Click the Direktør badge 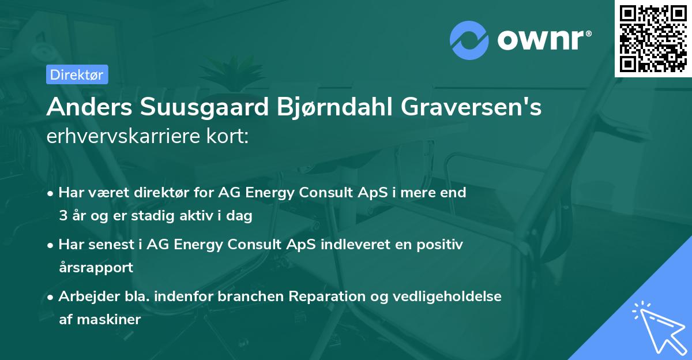pyautogui.click(x=77, y=74)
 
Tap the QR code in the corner pyautogui.click(x=653, y=38)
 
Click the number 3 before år pyautogui.click(x=63, y=216)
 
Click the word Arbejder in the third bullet pyautogui.click(x=84, y=297)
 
